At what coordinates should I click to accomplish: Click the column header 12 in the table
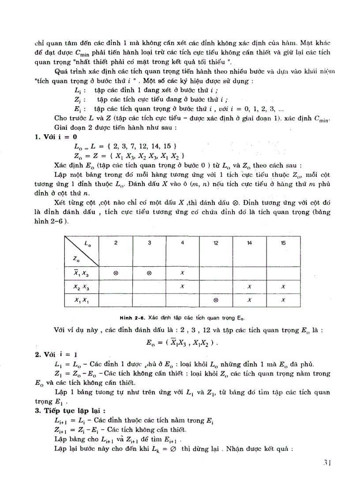[216, 243]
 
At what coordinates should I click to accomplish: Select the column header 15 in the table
[283, 243]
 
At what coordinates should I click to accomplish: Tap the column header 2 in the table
[116, 243]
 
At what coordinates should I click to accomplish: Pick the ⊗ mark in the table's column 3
[149, 273]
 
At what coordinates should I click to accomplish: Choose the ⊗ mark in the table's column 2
[116, 273]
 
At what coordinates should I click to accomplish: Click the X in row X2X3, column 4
[183, 287]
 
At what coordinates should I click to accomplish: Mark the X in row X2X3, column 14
[250, 287]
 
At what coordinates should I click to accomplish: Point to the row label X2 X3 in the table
[81, 287]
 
